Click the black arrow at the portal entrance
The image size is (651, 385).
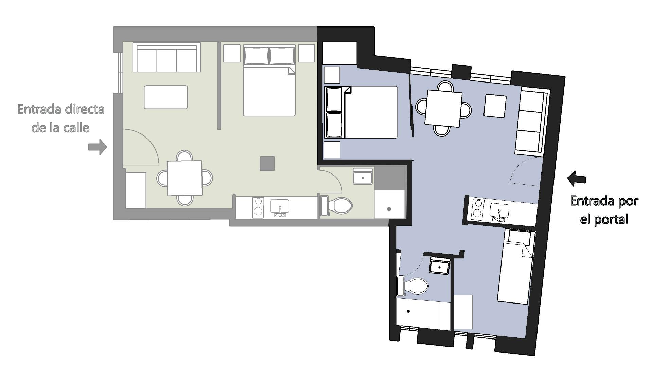(x=577, y=179)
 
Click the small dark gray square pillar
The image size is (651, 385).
(x=267, y=164)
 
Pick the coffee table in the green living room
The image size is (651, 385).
(x=166, y=97)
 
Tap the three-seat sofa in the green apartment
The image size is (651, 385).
(x=166, y=58)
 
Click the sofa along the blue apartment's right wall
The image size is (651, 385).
(x=531, y=122)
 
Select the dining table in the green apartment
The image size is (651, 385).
(x=184, y=178)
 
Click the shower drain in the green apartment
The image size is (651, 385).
(x=389, y=209)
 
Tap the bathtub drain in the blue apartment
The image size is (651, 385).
(x=408, y=311)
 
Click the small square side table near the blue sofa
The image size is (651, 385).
(x=495, y=106)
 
